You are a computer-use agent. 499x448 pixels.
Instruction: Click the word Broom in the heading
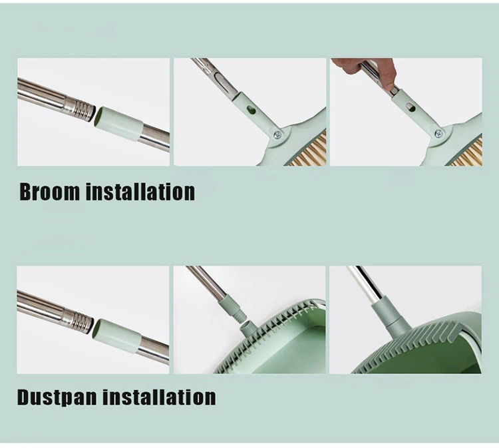click(x=49, y=192)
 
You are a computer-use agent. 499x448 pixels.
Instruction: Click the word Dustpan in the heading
click(x=57, y=397)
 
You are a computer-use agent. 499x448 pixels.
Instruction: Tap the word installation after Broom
click(x=140, y=192)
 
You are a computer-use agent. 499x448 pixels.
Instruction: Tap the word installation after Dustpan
click(x=159, y=397)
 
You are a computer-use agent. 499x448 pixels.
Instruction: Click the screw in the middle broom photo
click(x=277, y=134)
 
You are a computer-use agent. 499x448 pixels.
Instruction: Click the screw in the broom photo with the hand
click(x=438, y=133)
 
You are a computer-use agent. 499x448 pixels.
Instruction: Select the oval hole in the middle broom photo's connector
click(x=251, y=110)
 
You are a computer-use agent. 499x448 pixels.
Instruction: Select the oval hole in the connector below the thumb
click(x=411, y=108)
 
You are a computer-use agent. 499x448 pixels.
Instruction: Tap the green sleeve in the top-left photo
click(x=118, y=123)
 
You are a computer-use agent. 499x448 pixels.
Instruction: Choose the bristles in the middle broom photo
click(x=310, y=150)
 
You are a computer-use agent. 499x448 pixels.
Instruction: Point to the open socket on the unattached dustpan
click(x=246, y=329)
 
